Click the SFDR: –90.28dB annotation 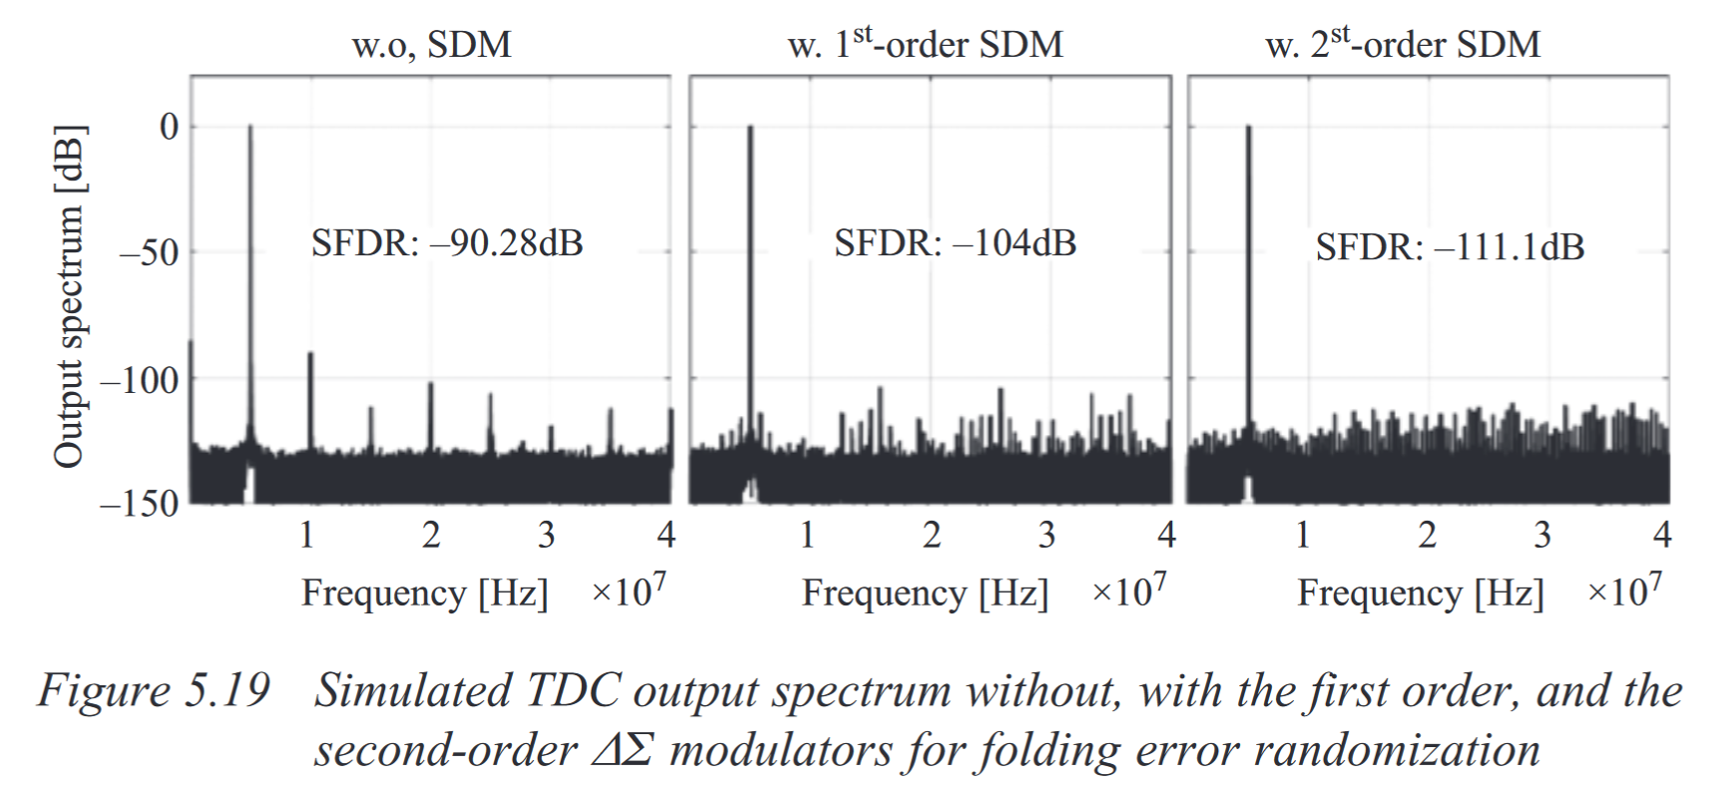(x=446, y=243)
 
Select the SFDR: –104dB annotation (x=955, y=243)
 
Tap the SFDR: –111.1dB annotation (x=1449, y=247)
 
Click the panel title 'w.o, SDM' (x=431, y=45)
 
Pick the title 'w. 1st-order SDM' (x=925, y=45)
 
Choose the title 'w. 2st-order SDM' (x=1403, y=45)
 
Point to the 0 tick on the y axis (x=169, y=127)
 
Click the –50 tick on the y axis (x=149, y=252)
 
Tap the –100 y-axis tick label (x=139, y=380)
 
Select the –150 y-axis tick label (x=139, y=504)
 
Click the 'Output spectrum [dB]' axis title (x=69, y=297)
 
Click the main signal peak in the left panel (x=250, y=130)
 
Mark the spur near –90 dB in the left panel (x=310, y=355)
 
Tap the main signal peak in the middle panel (x=750, y=130)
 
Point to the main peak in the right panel (x=1247, y=130)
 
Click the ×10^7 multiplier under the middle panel (x=1128, y=592)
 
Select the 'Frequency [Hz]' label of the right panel (x=1420, y=593)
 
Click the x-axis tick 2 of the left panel (x=430, y=536)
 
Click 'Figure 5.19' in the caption (x=154, y=691)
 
